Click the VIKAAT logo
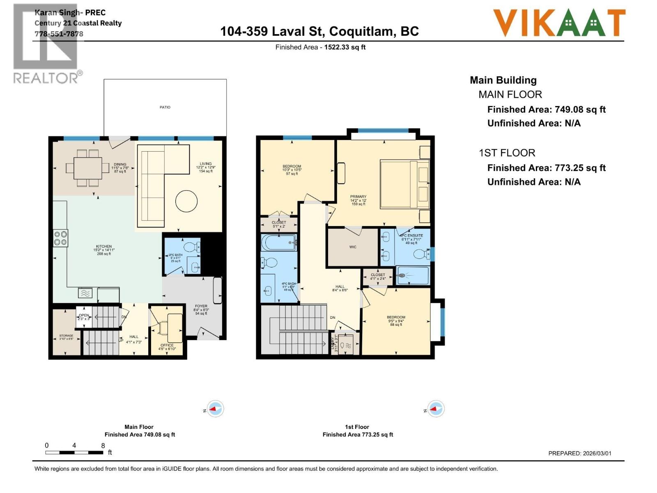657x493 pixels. pyautogui.click(x=559, y=23)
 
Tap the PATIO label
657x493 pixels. pyautogui.click(x=165, y=107)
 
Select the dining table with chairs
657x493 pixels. pyautogui.click(x=88, y=168)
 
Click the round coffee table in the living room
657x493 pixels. pyautogui.click(x=186, y=201)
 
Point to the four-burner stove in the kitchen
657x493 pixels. pyautogui.click(x=60, y=238)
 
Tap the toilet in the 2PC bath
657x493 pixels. pyautogui.click(x=191, y=247)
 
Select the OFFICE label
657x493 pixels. pyautogui.click(x=167, y=346)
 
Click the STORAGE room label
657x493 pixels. pyautogui.click(x=66, y=336)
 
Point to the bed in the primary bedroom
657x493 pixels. pyautogui.click(x=404, y=184)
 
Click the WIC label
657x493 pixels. pyautogui.click(x=353, y=247)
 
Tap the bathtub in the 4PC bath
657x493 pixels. pyautogui.click(x=279, y=242)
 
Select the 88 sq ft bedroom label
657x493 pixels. pyautogui.click(x=396, y=321)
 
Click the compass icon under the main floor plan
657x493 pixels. pyautogui.click(x=215, y=409)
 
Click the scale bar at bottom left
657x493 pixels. pyautogui.click(x=74, y=452)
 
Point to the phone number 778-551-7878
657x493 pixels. pyautogui.click(x=59, y=34)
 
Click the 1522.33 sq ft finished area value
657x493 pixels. pyautogui.click(x=345, y=47)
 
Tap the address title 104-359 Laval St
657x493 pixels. pyautogui.click(x=319, y=31)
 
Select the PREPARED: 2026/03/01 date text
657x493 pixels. pyautogui.click(x=579, y=454)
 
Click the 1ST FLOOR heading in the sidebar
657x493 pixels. pyautogui.click(x=507, y=153)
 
